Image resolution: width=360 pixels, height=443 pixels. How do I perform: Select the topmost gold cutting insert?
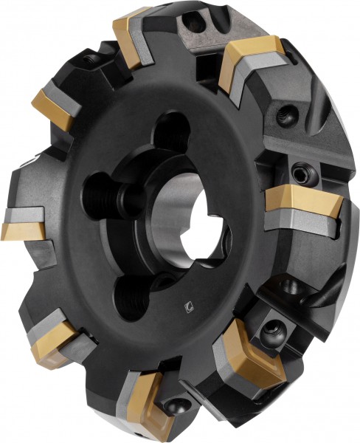pyautogui.click(x=133, y=31)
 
